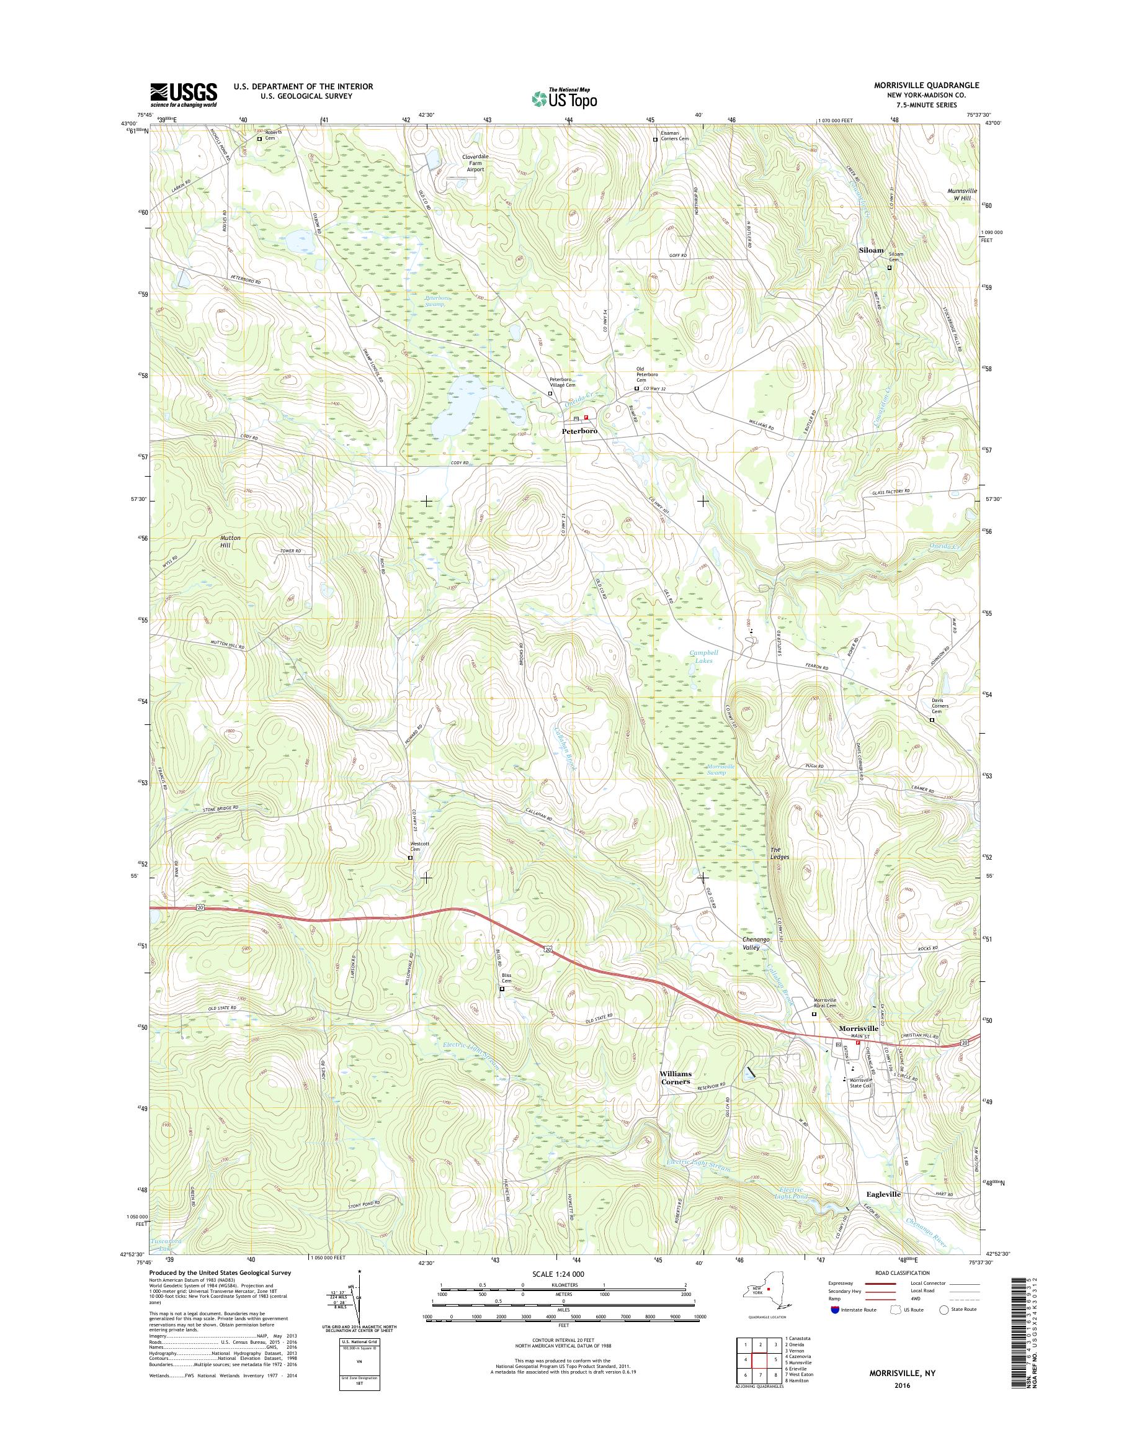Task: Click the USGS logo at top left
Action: tap(183, 94)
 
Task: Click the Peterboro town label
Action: tap(580, 431)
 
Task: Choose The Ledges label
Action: tap(779, 853)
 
